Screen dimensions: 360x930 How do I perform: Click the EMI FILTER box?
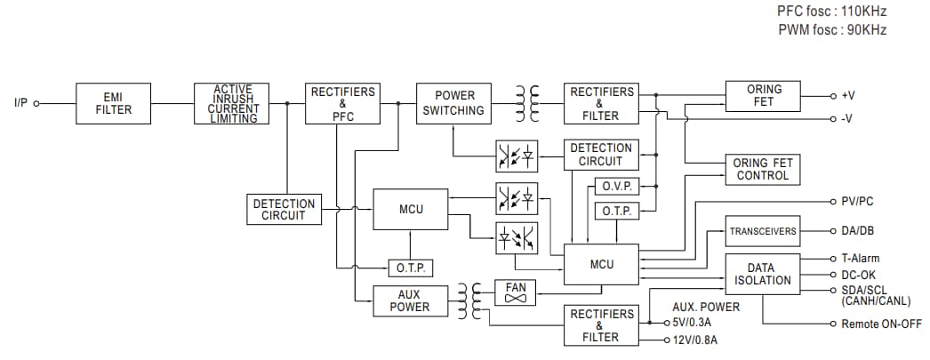click(114, 104)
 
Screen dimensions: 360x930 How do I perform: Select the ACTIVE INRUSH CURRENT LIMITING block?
click(232, 104)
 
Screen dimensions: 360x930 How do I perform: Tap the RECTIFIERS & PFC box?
click(342, 104)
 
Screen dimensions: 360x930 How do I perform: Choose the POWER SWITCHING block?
click(454, 104)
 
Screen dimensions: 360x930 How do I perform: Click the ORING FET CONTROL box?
click(763, 169)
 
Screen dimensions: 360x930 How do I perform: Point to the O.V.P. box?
click(615, 188)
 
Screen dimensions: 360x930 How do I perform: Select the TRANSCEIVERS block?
click(763, 231)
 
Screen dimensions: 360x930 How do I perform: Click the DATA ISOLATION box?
click(763, 274)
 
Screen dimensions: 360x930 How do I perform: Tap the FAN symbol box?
click(516, 292)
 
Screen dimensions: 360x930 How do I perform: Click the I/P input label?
click(21, 104)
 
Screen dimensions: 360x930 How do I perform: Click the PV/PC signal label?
click(857, 202)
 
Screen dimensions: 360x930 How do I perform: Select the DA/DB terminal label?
click(857, 231)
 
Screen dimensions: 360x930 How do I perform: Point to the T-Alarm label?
click(860, 259)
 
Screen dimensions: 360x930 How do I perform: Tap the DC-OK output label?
click(858, 275)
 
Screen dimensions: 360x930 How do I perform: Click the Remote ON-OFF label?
click(881, 324)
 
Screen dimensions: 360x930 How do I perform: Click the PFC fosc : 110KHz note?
click(832, 12)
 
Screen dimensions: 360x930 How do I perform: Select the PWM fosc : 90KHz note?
click(832, 30)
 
